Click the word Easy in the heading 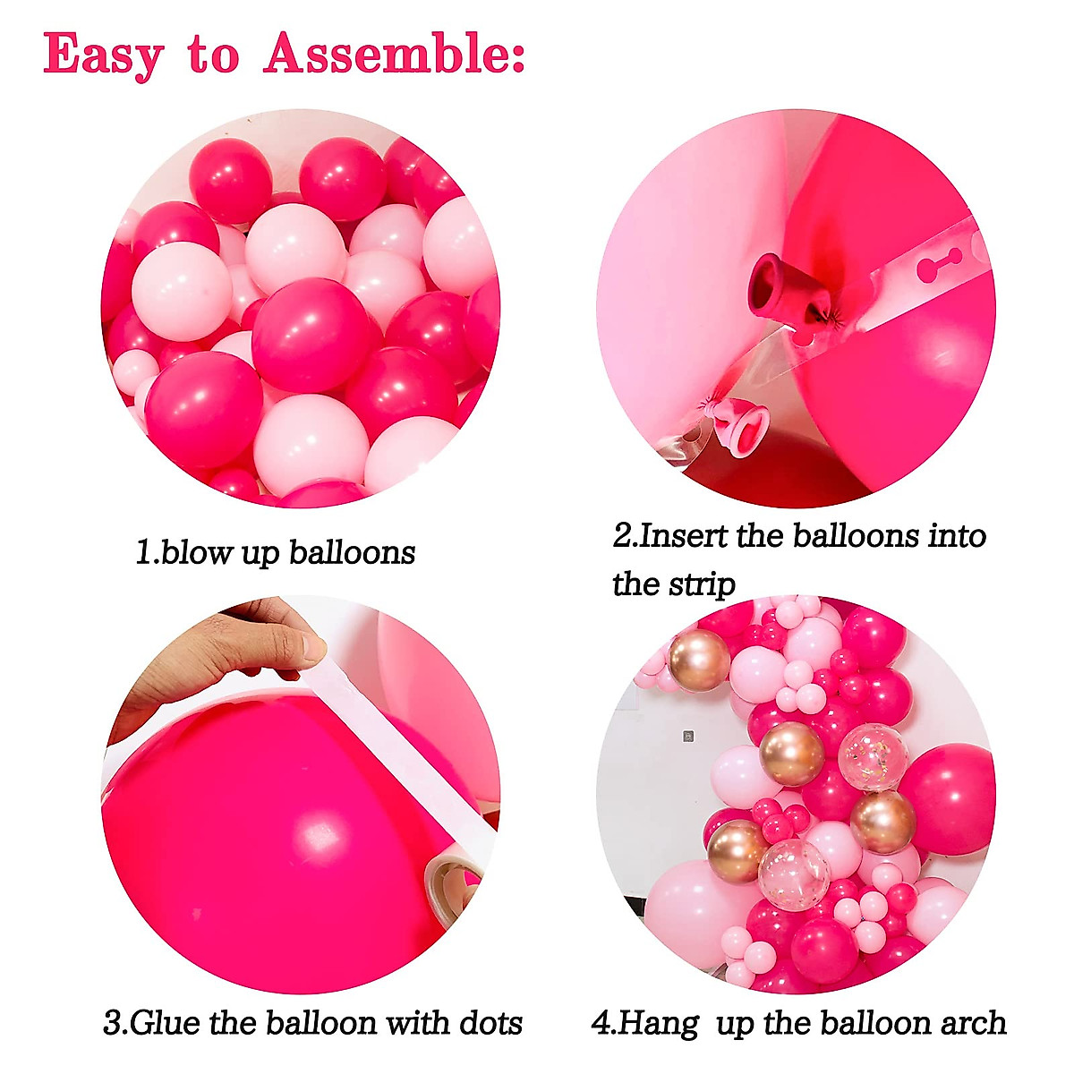click(x=103, y=55)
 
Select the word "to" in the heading click(x=213, y=55)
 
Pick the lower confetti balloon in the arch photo click(x=794, y=874)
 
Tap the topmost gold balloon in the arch click(x=699, y=660)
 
